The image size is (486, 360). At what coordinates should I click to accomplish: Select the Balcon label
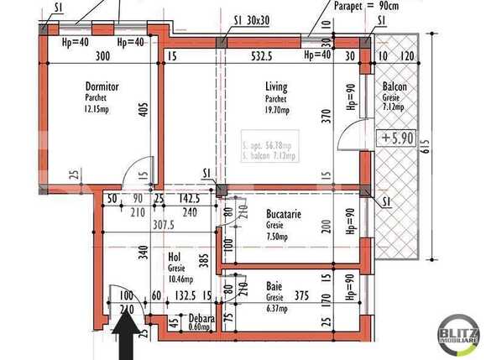(395, 86)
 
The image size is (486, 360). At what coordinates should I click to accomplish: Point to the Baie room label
(274, 286)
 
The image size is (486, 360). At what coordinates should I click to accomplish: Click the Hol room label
(175, 258)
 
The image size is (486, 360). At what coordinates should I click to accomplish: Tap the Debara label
(201, 319)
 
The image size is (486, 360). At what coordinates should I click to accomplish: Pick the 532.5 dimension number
(263, 57)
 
